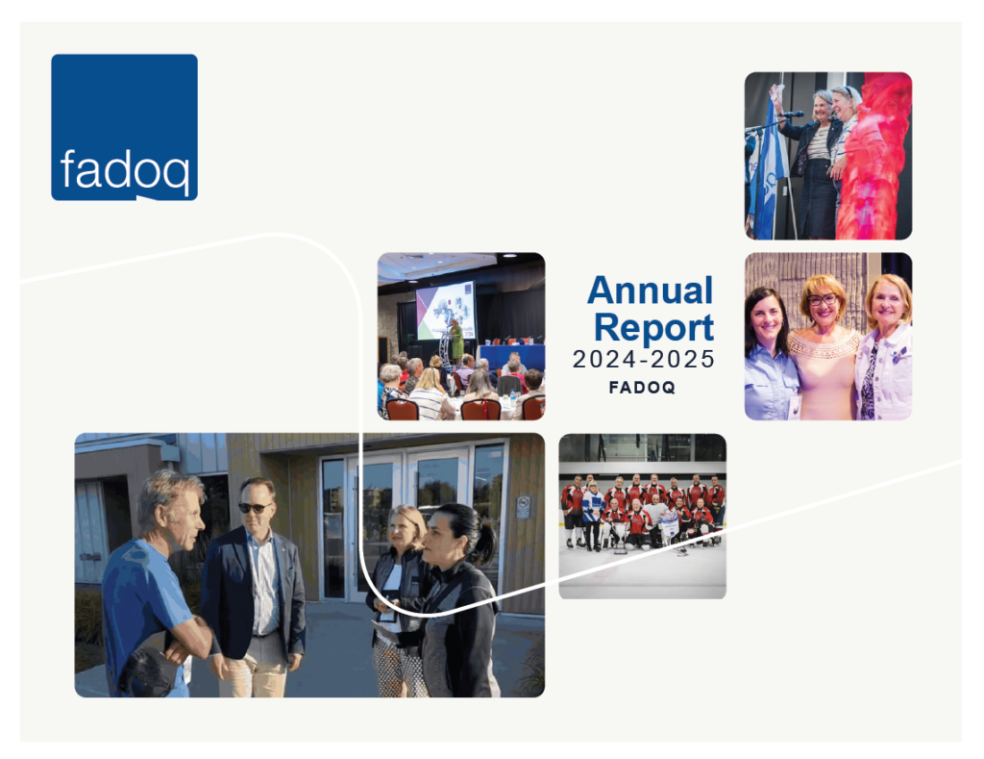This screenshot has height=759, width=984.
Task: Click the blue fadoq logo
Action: pyautogui.click(x=124, y=127)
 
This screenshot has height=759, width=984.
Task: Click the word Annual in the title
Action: pyautogui.click(x=650, y=290)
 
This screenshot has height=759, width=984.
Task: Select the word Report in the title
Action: pyautogui.click(x=653, y=327)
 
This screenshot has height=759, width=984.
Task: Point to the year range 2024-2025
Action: pyautogui.click(x=644, y=360)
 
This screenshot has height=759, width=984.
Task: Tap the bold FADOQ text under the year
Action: pyautogui.click(x=642, y=389)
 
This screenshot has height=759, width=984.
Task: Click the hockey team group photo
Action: pyautogui.click(x=642, y=516)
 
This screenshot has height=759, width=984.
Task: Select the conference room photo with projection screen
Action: pyautogui.click(x=460, y=336)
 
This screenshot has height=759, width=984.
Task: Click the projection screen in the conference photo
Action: pyautogui.click(x=445, y=309)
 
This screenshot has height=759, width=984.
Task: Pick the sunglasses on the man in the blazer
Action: pyautogui.click(x=255, y=507)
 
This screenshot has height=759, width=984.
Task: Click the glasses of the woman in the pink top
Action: pyautogui.click(x=824, y=300)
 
